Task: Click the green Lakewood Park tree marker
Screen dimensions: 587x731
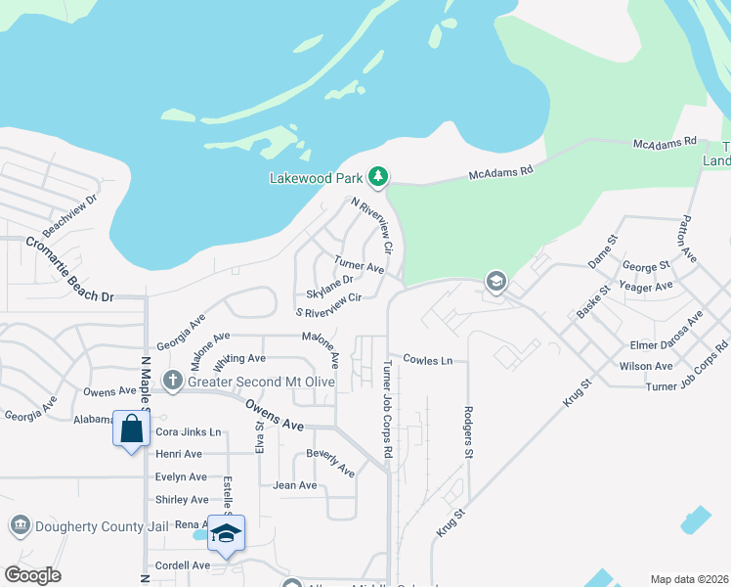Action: click(378, 177)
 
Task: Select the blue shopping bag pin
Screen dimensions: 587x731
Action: click(131, 429)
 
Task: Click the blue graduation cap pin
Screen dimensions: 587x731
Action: click(226, 534)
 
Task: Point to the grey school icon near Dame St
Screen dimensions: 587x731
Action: click(495, 282)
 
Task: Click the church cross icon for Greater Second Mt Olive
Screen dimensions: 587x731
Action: click(172, 380)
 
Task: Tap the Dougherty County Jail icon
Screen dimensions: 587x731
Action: click(19, 525)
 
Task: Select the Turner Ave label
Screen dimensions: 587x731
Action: click(359, 264)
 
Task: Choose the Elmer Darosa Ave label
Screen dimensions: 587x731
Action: click(666, 333)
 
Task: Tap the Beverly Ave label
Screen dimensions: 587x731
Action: click(330, 462)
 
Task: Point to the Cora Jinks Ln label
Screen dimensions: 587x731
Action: click(189, 431)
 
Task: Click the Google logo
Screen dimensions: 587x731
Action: click(32, 575)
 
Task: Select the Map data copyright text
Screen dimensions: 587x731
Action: click(688, 579)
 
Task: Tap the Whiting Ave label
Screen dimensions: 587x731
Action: click(239, 359)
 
